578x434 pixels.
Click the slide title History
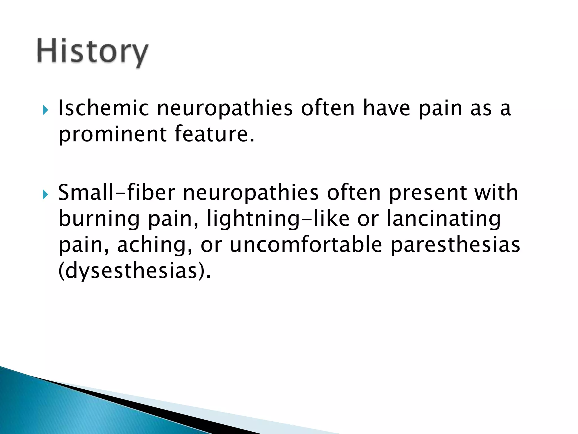[x=92, y=52]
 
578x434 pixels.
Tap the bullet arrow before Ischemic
[x=45, y=110]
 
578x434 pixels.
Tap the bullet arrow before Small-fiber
[x=45, y=194]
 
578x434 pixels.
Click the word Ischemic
[x=103, y=108]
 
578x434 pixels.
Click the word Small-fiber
[x=117, y=193]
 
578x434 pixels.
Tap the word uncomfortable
[x=306, y=245]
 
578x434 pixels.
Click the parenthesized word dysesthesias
[x=134, y=271]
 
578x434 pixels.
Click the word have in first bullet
[x=386, y=108]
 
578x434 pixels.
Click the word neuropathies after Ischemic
[x=225, y=109]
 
